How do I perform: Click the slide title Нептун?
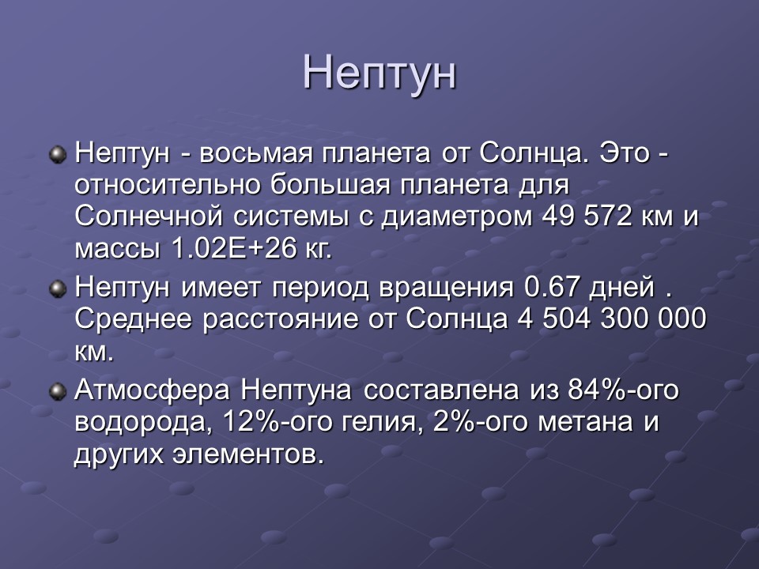(x=379, y=73)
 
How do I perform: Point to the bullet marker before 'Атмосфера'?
(x=57, y=391)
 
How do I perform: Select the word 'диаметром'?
(x=459, y=217)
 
